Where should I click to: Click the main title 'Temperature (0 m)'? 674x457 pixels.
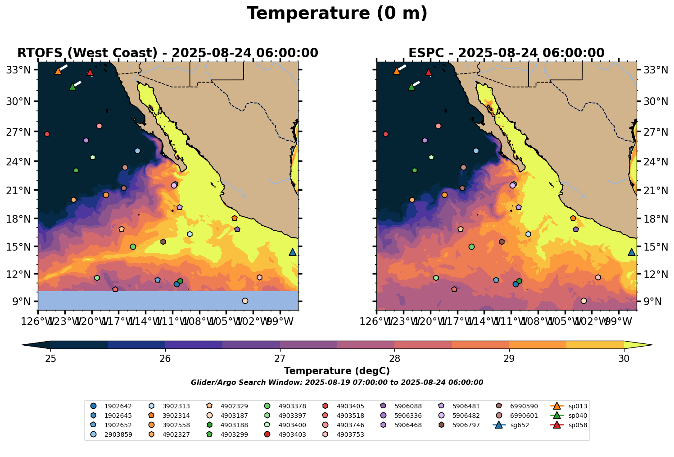(x=337, y=14)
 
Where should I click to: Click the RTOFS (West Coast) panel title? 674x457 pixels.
(x=167, y=53)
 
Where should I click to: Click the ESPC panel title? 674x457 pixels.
(x=506, y=53)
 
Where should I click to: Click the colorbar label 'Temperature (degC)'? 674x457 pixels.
(x=337, y=371)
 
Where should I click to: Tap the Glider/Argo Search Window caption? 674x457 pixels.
(x=337, y=383)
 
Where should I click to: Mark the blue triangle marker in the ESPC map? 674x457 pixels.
(x=631, y=252)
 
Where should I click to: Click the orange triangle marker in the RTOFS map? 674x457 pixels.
(x=58, y=71)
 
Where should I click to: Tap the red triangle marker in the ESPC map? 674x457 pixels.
(x=428, y=73)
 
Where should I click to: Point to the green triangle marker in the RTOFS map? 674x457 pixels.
(x=72, y=87)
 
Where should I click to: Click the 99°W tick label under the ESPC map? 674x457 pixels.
(x=619, y=322)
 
